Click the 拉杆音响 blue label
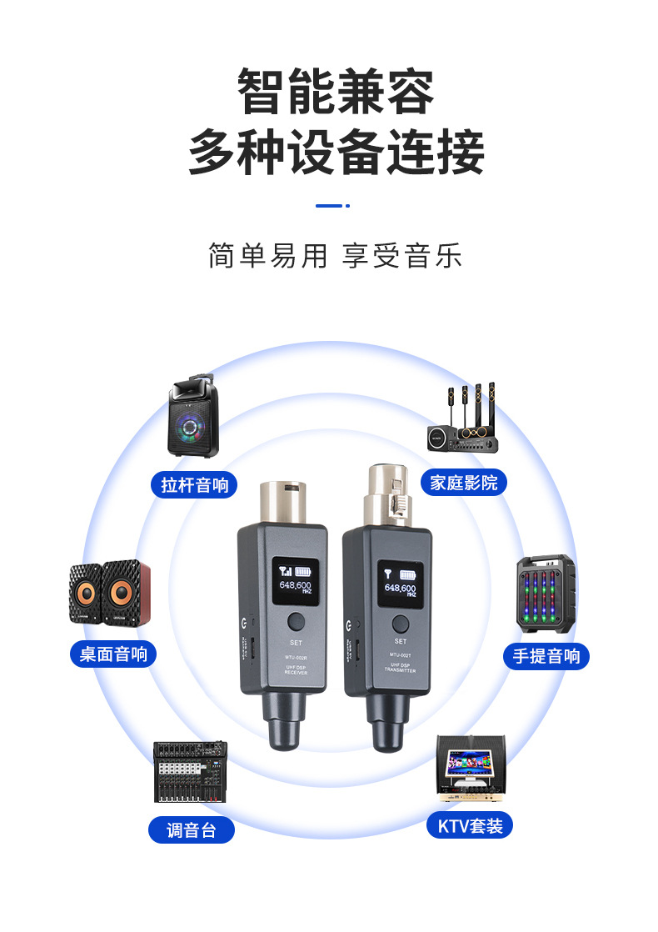coord(194,484)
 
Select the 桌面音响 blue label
coord(112,654)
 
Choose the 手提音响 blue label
coord(546,655)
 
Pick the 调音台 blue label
coord(191,829)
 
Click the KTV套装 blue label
coord(471,826)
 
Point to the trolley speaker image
coord(193,418)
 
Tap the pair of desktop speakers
coord(110,593)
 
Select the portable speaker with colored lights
coord(546,593)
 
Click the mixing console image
coord(190,771)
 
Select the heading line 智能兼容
coord(336,93)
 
